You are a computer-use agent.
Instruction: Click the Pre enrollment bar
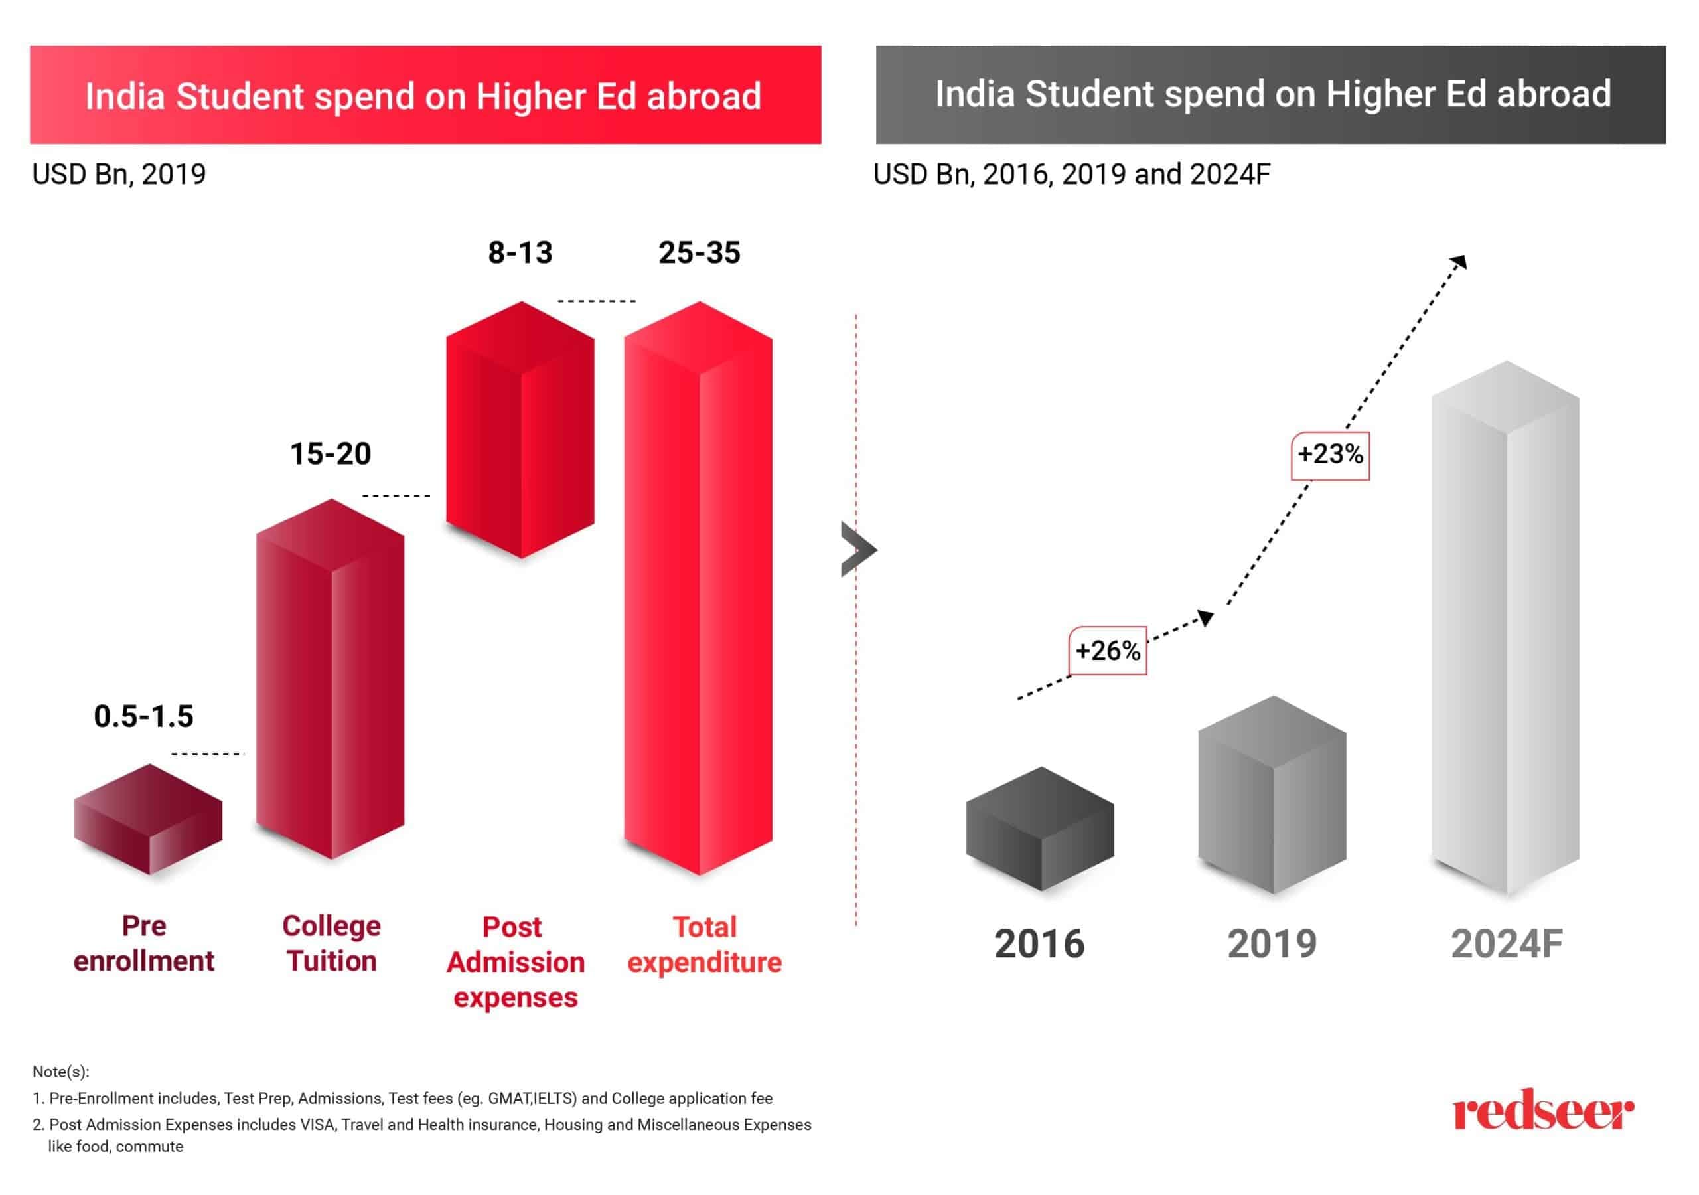click(148, 820)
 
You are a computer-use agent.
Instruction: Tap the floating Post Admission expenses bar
click(520, 430)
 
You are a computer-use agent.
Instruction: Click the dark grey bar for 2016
click(1040, 829)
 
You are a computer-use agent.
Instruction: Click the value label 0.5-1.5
click(143, 716)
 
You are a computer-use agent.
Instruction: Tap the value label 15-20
click(330, 453)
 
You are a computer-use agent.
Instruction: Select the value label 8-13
click(520, 252)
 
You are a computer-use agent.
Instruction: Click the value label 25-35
click(700, 252)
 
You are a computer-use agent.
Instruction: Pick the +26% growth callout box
click(1108, 651)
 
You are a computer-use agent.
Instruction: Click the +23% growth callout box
click(1330, 455)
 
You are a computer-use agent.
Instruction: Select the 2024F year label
click(1507, 944)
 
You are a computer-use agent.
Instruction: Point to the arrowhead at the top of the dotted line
click(1459, 262)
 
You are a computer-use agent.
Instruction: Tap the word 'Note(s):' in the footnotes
click(60, 1072)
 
